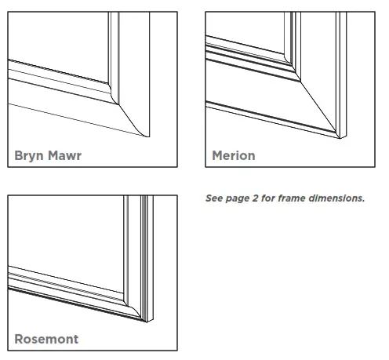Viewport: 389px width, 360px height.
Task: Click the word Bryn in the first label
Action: click(31, 155)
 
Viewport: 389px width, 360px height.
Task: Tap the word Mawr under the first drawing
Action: click(65, 155)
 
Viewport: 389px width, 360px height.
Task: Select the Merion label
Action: click(234, 155)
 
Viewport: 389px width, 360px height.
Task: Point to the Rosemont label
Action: click(47, 340)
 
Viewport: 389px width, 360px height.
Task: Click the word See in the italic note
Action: click(213, 198)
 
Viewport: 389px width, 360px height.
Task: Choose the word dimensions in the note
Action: click(339, 198)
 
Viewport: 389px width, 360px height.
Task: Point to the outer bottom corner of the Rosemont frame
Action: click(146, 322)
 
